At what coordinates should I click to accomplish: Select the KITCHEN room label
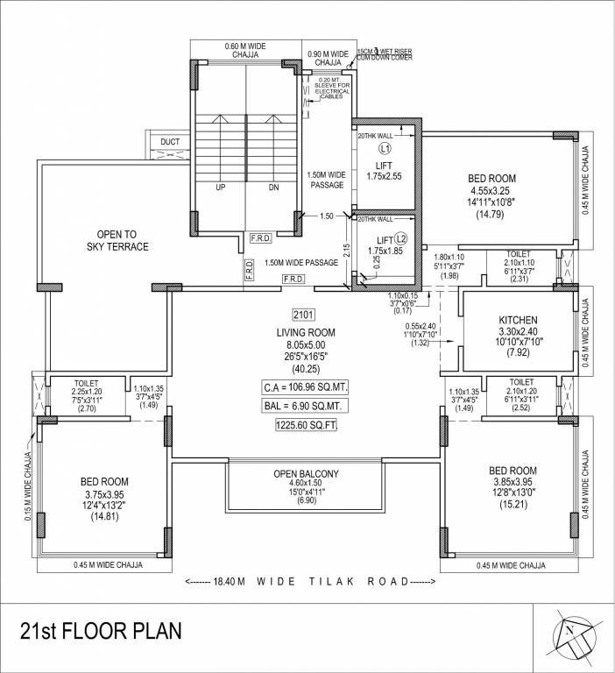pos(518,321)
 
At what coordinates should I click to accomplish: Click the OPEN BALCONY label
pos(306,474)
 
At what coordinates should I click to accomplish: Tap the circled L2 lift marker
pos(401,238)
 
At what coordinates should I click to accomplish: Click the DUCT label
pos(170,142)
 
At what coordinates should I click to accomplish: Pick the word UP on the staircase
pos(221,188)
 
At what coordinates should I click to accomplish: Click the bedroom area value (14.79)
pos(491,214)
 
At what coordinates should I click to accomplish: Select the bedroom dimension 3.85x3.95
pos(512,482)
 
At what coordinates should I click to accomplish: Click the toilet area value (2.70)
pos(87,408)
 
